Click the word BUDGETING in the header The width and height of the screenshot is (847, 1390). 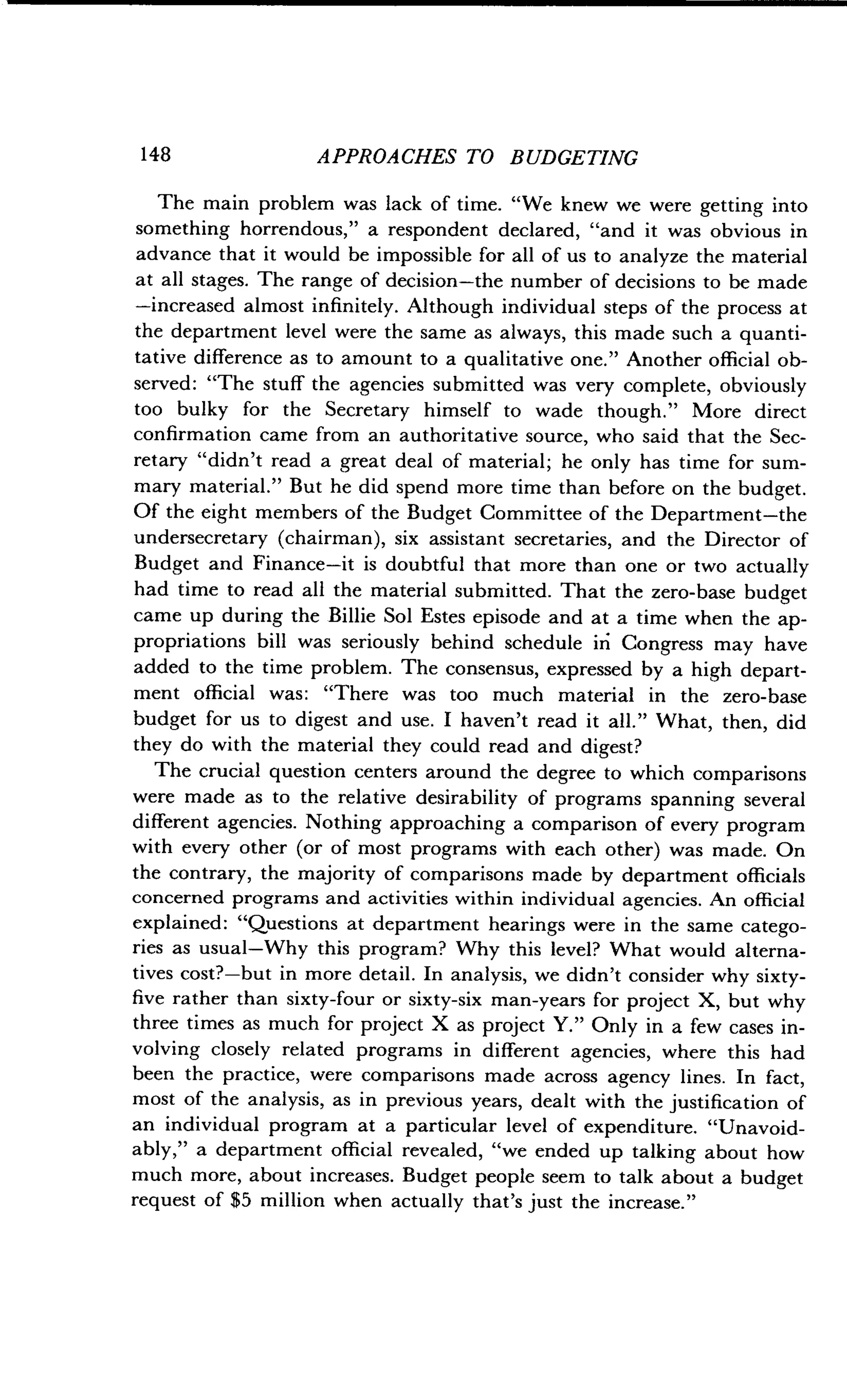coord(574,158)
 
